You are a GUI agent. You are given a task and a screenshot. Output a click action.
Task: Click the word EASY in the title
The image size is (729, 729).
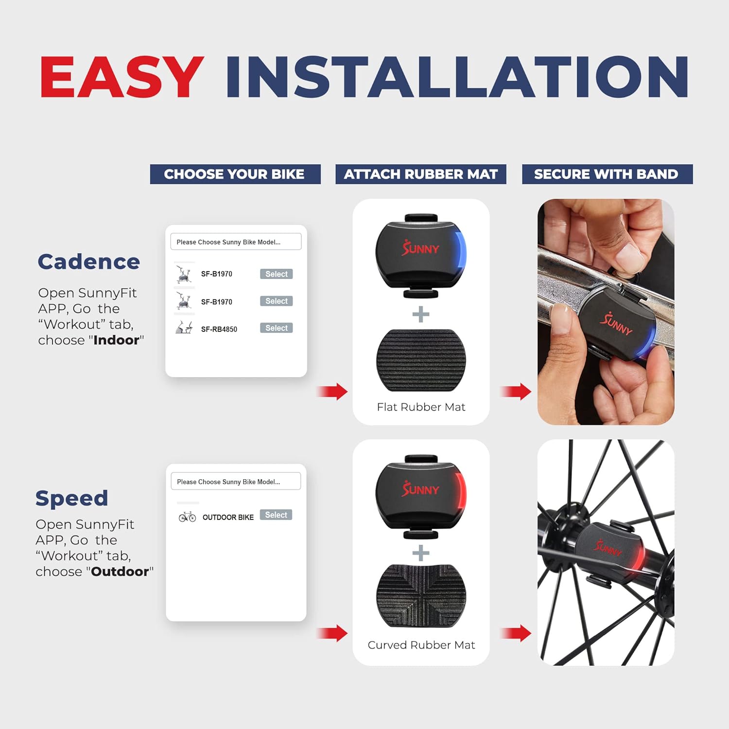[121, 77]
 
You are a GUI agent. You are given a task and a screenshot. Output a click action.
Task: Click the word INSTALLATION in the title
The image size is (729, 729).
[457, 77]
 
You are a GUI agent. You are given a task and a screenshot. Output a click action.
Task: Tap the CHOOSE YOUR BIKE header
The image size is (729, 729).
[235, 174]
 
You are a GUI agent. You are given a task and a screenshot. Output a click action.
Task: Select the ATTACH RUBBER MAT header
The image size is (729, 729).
[421, 174]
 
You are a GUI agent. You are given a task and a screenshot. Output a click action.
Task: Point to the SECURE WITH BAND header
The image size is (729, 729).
[607, 174]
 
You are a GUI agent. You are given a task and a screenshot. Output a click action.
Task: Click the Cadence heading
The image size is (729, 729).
[89, 261]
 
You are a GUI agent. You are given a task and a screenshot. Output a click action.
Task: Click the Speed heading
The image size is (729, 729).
[72, 499]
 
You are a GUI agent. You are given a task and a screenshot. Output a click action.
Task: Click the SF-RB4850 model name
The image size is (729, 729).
[219, 329]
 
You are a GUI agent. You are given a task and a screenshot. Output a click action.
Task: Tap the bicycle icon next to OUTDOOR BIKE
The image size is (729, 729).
[187, 517]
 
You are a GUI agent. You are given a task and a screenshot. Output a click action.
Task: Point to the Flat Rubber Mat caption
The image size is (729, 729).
[421, 407]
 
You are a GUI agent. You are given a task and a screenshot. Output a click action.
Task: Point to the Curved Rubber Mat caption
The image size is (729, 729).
[421, 645]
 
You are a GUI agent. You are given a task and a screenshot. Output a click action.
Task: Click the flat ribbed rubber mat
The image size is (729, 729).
[421, 360]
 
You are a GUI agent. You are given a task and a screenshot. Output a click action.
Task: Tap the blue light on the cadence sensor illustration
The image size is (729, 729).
[460, 252]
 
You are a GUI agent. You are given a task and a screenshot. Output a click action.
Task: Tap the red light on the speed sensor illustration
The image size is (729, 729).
[460, 492]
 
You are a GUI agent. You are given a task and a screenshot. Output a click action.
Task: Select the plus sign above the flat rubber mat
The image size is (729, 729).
[421, 314]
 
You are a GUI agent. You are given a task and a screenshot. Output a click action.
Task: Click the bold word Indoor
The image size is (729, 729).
[116, 340]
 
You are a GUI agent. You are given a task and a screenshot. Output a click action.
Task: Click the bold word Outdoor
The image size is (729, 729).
[120, 572]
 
